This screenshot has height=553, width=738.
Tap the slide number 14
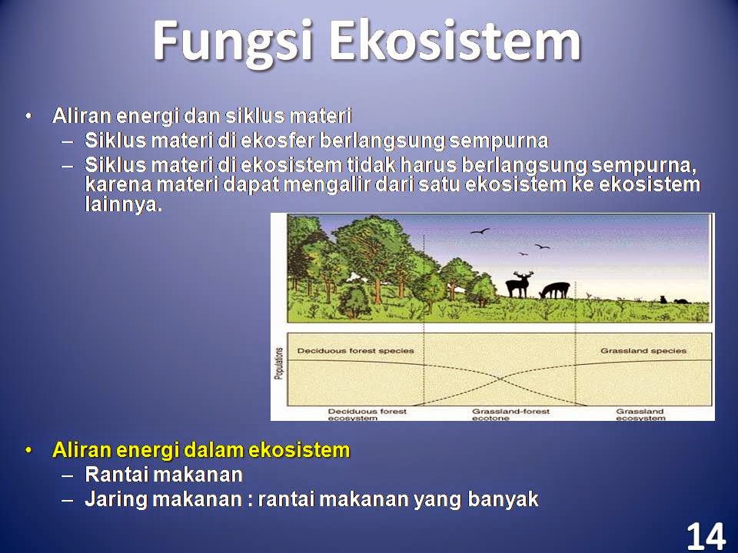coord(706,535)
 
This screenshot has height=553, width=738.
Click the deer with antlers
coord(519,284)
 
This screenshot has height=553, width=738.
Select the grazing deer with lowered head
coord(554,290)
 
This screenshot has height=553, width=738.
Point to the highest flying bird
coord(480,231)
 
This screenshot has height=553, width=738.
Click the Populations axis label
coord(280,363)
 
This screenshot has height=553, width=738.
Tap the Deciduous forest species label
coord(355,351)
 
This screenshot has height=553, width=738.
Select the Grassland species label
coord(643,351)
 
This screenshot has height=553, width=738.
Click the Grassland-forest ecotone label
coord(510,414)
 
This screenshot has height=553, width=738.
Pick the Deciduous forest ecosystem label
coord(367,414)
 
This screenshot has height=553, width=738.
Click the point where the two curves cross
coord(500,378)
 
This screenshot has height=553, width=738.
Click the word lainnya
coord(123,204)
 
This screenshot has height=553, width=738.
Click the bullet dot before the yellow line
coord(29,451)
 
